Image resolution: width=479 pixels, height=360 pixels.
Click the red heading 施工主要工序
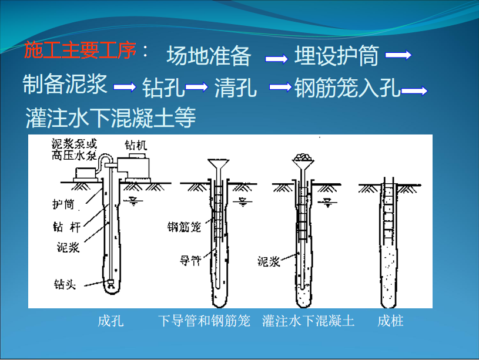click(80, 50)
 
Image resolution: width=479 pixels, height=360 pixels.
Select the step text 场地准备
click(209, 56)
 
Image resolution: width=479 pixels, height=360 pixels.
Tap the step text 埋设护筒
click(337, 55)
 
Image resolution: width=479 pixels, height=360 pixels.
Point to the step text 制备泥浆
click(65, 84)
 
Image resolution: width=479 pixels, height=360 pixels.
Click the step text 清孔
click(236, 88)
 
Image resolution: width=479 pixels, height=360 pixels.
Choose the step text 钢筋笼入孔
click(347, 88)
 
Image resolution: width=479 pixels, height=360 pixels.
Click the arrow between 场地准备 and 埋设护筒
click(276, 58)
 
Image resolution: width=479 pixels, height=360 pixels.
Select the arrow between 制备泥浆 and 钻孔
click(125, 87)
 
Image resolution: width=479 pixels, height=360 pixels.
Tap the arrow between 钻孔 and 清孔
click(196, 87)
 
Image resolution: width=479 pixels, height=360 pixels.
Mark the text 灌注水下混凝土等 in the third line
click(110, 117)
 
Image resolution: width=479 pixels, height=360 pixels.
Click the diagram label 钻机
click(136, 145)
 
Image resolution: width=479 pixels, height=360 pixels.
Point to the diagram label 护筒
click(63, 204)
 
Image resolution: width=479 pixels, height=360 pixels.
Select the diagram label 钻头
click(65, 284)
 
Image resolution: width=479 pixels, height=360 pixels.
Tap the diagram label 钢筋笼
click(184, 227)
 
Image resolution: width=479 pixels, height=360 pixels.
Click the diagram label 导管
click(190, 261)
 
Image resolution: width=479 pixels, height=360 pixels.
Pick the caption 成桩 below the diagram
click(390, 321)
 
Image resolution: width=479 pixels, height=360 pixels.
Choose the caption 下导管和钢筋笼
click(204, 321)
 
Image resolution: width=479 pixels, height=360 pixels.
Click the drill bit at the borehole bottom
click(110, 284)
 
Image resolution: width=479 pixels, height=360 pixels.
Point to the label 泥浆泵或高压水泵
click(74, 149)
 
